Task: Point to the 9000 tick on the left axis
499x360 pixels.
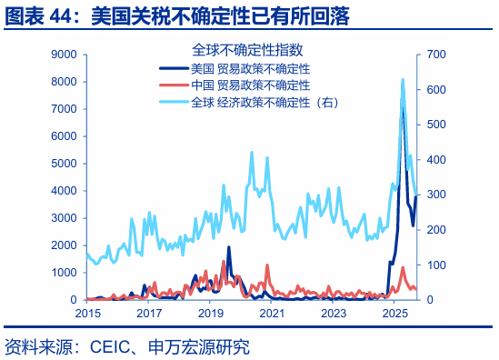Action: click(62, 55)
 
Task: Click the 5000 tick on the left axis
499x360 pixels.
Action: click(62, 164)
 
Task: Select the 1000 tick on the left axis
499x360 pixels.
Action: click(62, 273)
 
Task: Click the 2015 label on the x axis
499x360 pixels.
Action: click(87, 313)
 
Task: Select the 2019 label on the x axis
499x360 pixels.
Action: click(210, 313)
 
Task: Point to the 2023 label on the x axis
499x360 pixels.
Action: click(334, 313)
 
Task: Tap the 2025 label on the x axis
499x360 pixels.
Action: click(394, 313)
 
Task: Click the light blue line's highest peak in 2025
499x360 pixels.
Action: click(403, 80)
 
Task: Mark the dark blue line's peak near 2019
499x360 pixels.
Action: click(228, 247)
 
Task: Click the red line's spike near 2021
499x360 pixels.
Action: click(266, 265)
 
